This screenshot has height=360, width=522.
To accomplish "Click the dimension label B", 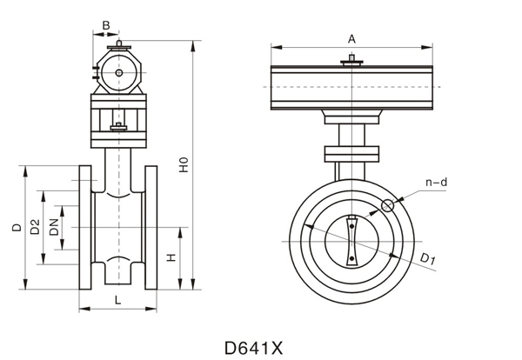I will [x=105, y=26].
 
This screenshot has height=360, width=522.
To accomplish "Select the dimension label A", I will [x=351, y=38].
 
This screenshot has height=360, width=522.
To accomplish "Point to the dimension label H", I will [x=171, y=258].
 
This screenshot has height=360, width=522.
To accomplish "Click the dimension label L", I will [x=117, y=299].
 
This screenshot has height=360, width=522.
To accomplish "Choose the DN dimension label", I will [x=54, y=228].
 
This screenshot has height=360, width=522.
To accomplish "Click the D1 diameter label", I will [x=426, y=258].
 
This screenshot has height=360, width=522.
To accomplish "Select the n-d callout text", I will [x=436, y=183].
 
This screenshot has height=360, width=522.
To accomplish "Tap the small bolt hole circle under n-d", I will [x=388, y=206].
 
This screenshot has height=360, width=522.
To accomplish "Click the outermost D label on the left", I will [x=17, y=228].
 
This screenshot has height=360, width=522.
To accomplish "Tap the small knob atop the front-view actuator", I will [x=351, y=59].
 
